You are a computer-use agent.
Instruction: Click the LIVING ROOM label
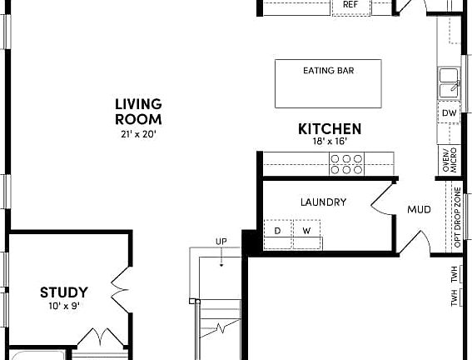point(137,111)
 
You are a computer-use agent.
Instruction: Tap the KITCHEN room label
point(330,128)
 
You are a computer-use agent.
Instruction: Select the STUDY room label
point(64,292)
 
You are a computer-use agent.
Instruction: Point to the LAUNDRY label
point(323,202)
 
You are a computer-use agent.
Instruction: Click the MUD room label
point(419,209)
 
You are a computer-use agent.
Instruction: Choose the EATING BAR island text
point(328,71)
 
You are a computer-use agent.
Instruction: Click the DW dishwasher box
point(450,112)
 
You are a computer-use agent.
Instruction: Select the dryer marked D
point(278,230)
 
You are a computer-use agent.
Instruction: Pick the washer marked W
point(306,230)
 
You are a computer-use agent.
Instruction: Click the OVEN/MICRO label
point(447,161)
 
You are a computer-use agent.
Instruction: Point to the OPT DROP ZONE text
point(457,218)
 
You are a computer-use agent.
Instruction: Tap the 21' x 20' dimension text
point(137,133)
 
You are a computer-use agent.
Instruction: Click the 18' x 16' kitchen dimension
point(329,142)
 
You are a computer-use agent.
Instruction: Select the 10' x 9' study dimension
point(64,306)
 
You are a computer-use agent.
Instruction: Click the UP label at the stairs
point(221,242)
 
